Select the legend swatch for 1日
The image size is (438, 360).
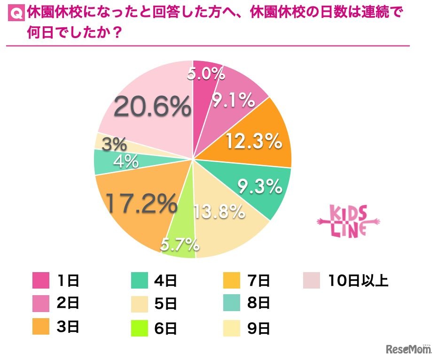pyautogui.click(x=41, y=281)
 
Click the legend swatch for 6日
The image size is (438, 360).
pyautogui.click(x=140, y=328)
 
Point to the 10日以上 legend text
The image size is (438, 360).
pyautogui.click(x=359, y=281)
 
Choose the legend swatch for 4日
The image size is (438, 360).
pyautogui.click(x=140, y=281)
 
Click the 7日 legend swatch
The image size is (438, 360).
pyautogui.click(x=232, y=281)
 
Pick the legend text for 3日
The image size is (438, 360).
pyautogui.click(x=69, y=328)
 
